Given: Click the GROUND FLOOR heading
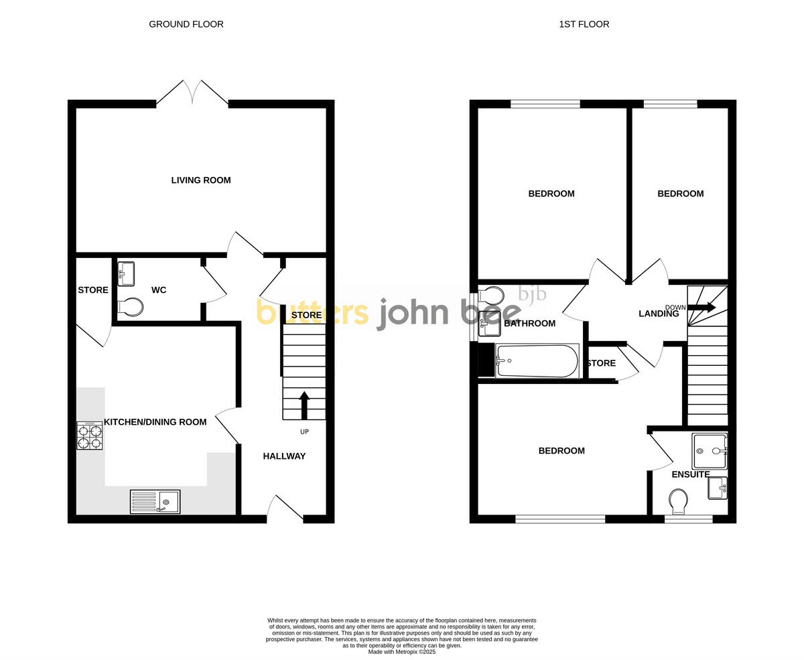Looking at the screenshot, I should click(186, 24).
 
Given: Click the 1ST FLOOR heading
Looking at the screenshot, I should click(584, 24).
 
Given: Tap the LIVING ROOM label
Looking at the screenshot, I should click(200, 180).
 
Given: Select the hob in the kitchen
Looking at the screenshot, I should click(89, 436).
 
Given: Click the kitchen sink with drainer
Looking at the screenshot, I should click(155, 502).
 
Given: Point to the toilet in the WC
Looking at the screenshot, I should click(131, 307).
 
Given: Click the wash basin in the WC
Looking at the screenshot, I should click(126, 273).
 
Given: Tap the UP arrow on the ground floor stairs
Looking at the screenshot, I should click(304, 405).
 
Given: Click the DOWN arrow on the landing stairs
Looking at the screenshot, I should click(702, 307).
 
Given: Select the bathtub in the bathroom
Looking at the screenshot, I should click(537, 360).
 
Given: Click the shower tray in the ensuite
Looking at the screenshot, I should click(710, 451).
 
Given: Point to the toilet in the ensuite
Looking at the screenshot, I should click(678, 501).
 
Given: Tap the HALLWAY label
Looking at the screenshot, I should click(284, 456).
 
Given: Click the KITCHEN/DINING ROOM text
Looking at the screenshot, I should click(155, 422).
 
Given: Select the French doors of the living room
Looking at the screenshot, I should click(192, 92).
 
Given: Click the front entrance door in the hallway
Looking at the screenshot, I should click(285, 509).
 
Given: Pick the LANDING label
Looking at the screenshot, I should click(659, 314).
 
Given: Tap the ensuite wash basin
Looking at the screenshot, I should click(717, 488).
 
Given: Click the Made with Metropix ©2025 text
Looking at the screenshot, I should click(401, 651).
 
